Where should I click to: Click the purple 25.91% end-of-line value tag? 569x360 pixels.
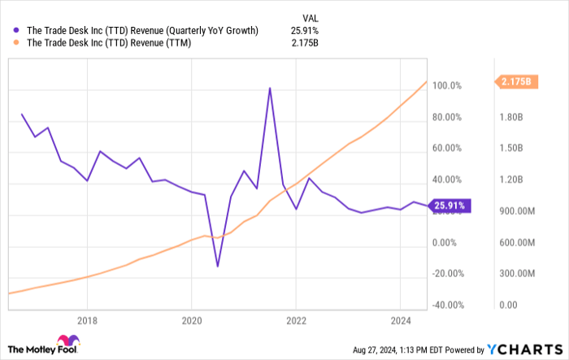[x=446, y=206]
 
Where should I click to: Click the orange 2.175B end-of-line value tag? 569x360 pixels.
[x=515, y=81]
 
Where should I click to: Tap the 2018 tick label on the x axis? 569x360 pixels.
[x=87, y=319]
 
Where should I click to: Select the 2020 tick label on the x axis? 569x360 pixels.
[x=191, y=319]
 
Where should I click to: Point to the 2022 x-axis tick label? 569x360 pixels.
[x=295, y=319]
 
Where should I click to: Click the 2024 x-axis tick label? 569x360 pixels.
[x=401, y=319]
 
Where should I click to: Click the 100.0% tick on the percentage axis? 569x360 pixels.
[x=447, y=85]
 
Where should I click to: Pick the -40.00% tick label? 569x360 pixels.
[x=447, y=306]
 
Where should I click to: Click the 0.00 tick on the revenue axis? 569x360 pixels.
[x=508, y=306]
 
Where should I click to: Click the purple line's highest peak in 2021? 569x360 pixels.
[x=269, y=88]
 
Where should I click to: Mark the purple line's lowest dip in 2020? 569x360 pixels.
[x=217, y=266]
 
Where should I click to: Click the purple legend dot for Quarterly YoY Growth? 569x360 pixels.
[x=18, y=31]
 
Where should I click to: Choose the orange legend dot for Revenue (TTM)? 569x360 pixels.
[x=18, y=44]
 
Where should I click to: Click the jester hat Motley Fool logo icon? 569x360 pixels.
[x=64, y=345]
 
